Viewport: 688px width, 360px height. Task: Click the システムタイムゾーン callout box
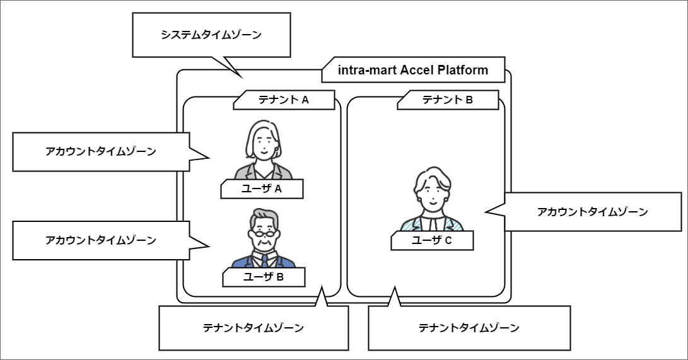[x=211, y=35]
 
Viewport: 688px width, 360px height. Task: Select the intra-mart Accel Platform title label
[x=413, y=70]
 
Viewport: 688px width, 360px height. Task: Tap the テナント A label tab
[x=283, y=100]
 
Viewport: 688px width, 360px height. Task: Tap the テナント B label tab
[x=447, y=100]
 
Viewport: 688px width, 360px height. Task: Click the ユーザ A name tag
[x=261, y=189]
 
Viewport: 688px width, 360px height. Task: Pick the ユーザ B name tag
[x=263, y=276]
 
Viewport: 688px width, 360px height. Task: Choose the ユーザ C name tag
[x=431, y=240]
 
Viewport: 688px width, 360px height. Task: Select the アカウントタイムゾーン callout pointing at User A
[x=101, y=152]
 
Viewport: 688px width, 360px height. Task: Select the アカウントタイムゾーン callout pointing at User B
[x=101, y=240]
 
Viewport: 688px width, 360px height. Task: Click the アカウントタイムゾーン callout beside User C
[x=592, y=212]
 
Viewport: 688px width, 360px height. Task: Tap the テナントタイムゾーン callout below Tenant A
[x=253, y=328]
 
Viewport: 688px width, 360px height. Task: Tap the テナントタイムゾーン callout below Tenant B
[x=469, y=328]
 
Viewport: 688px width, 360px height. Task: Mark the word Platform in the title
[x=463, y=70]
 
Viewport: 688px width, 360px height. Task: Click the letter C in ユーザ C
[x=448, y=240]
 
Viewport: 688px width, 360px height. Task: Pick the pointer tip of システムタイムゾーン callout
[x=242, y=77]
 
